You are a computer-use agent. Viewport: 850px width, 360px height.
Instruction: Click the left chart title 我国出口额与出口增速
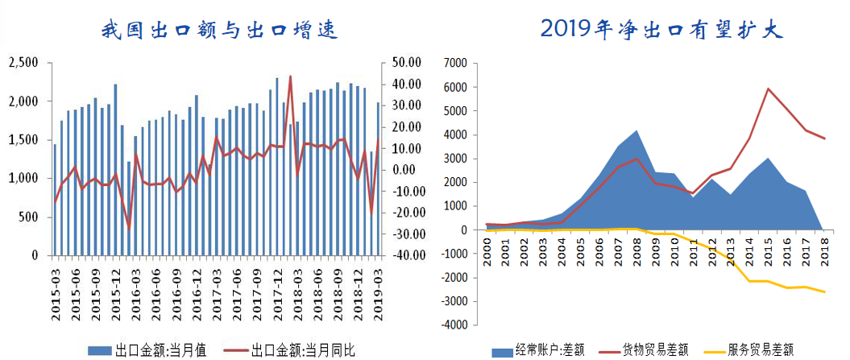[218, 30]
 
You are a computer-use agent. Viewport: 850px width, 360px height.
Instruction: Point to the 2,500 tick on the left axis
[23, 63]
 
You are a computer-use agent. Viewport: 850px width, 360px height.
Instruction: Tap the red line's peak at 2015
[769, 89]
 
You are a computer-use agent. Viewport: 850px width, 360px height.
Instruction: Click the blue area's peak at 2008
[636, 130]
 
